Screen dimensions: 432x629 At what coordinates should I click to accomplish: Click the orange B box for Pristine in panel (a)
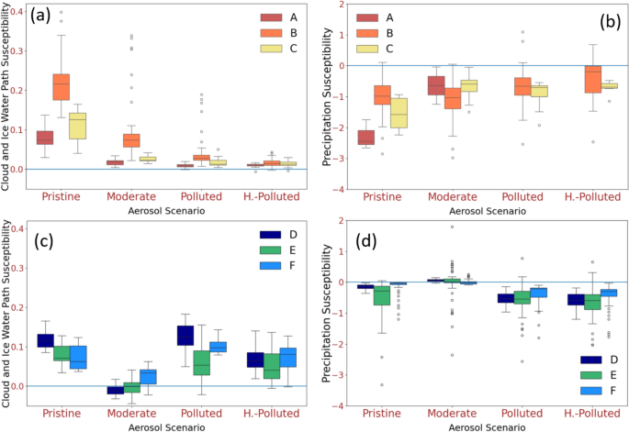(61, 86)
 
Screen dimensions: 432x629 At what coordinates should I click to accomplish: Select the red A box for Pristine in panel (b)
(365, 137)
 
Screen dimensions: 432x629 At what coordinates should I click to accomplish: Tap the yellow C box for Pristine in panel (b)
(399, 112)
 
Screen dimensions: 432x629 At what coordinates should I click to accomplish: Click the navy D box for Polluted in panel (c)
(185, 335)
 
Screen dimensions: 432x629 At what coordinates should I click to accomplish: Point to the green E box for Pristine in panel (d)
(382, 294)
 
